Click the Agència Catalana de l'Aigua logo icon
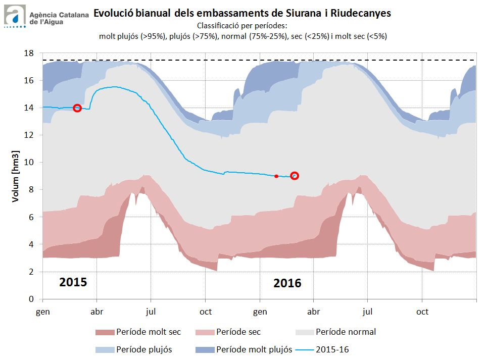click(15, 15)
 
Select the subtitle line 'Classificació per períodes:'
click(242, 25)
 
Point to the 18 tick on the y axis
click(29, 53)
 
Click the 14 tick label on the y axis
click(29, 108)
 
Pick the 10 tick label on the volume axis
click(29, 162)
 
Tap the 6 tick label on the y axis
click(31, 217)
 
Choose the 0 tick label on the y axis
click(31, 299)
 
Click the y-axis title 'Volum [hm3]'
click(16, 176)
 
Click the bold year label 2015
click(73, 282)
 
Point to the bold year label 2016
click(287, 283)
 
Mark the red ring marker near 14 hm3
click(77, 108)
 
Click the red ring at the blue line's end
click(295, 176)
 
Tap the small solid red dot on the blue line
click(276, 176)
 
